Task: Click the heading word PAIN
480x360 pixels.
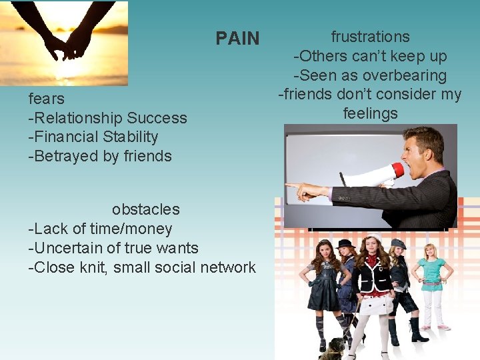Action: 237,39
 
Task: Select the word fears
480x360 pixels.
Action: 47,99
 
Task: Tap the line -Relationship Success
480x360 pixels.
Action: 107,118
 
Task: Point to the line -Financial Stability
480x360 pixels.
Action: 93,137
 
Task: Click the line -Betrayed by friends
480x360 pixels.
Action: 100,157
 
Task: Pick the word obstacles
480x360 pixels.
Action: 145,209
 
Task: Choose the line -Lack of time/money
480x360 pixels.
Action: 100,229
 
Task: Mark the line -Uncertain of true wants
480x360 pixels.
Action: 113,248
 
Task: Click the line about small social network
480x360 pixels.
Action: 141,267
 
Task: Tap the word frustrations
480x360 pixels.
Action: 370,37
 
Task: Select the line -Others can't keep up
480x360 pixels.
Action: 370,56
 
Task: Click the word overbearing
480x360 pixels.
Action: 401,75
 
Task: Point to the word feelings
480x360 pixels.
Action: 370,113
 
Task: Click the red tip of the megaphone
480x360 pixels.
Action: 398,170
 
